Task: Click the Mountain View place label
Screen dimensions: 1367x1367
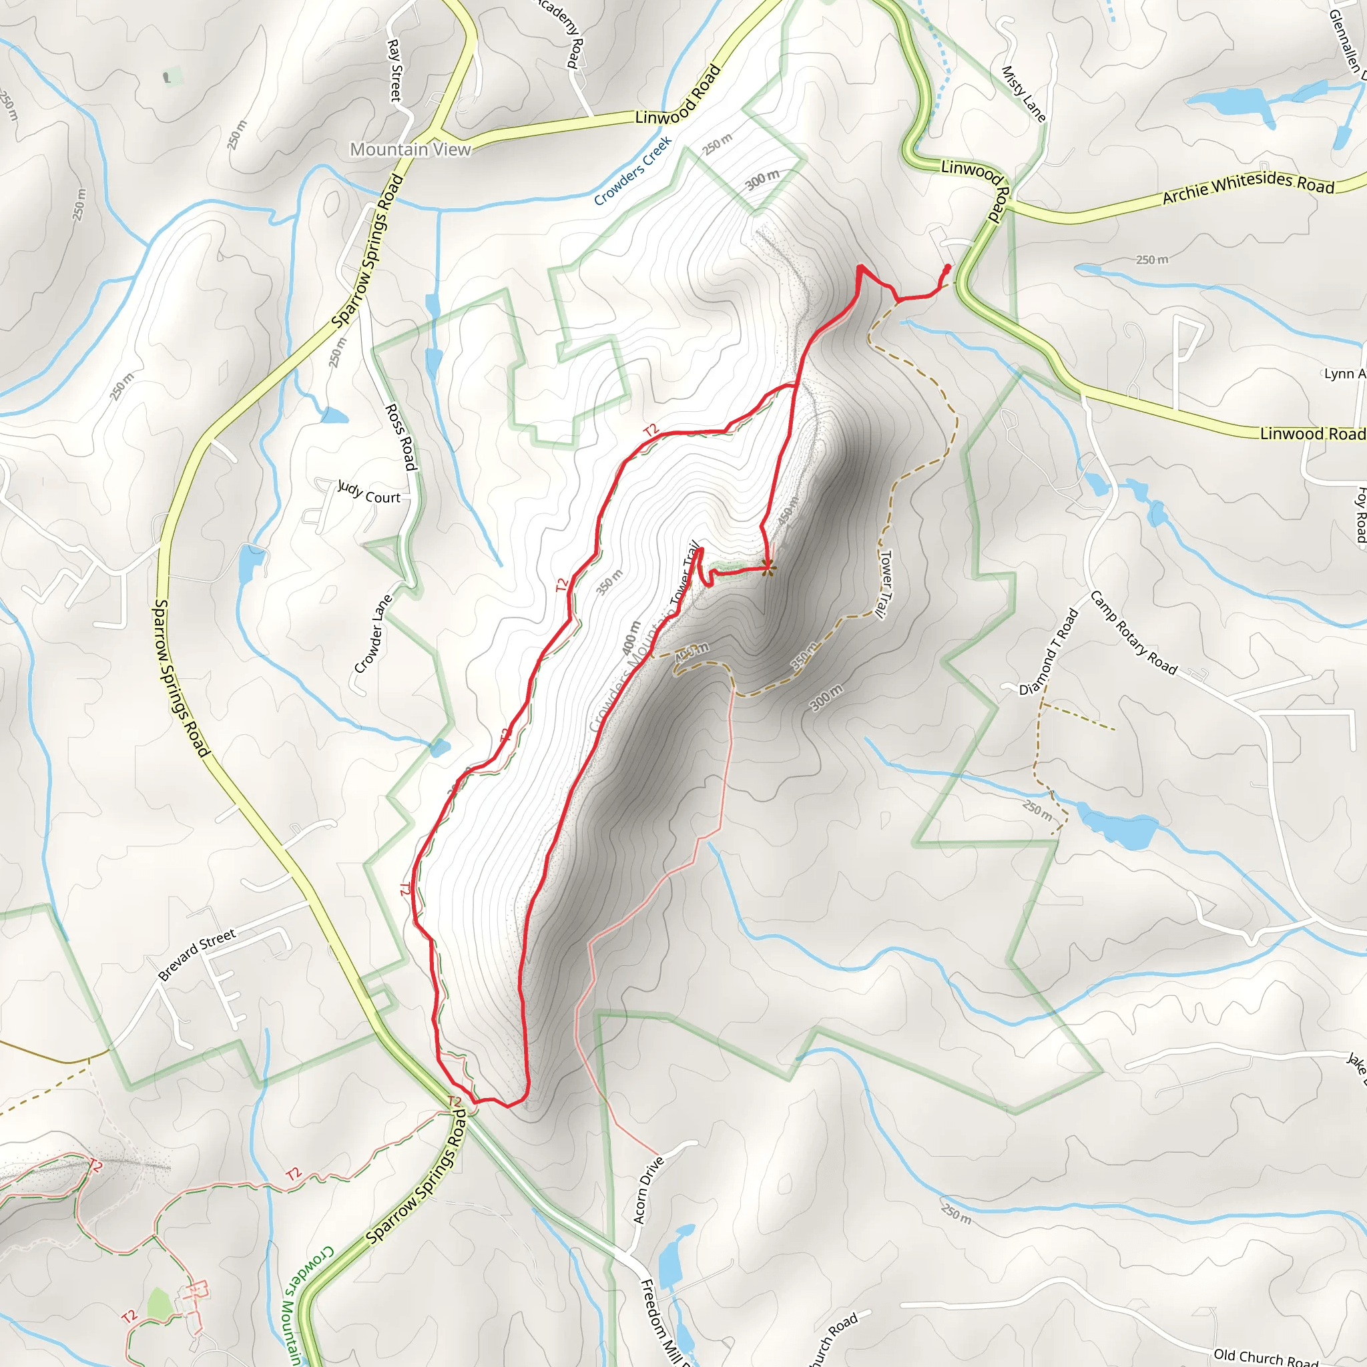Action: pyautogui.click(x=411, y=150)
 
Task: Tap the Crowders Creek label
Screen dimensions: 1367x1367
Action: pyautogui.click(x=633, y=172)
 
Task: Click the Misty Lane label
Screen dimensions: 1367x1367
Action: pyautogui.click(x=1023, y=93)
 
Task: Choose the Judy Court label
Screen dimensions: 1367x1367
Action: pyautogui.click(x=368, y=493)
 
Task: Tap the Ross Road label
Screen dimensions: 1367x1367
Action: pyautogui.click(x=400, y=437)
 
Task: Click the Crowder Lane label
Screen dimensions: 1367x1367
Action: pyautogui.click(x=373, y=635)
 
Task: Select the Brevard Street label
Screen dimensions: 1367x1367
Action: pyautogui.click(x=197, y=956)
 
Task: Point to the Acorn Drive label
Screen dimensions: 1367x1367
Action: pyautogui.click(x=648, y=1190)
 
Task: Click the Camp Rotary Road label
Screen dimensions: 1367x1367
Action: pyautogui.click(x=1133, y=633)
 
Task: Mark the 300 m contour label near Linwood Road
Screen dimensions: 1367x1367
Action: pyautogui.click(x=762, y=180)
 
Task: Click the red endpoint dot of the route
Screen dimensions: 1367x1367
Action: pyautogui.click(x=947, y=268)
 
